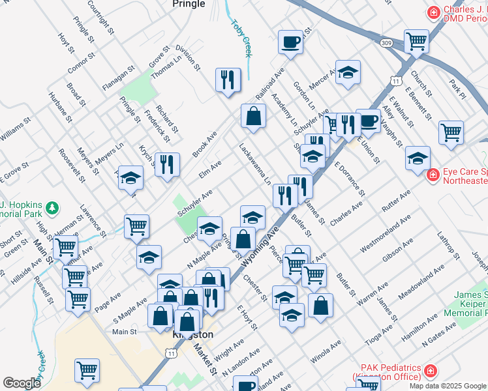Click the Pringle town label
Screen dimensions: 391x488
coord(189,4)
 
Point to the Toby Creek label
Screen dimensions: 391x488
coord(241,36)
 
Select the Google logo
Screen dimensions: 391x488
coord(22,383)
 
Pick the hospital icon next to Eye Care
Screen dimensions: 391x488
coord(431,175)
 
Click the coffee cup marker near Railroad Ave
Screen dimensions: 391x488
coord(290,42)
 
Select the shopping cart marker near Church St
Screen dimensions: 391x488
coord(416,42)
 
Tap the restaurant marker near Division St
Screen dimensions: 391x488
coord(228,80)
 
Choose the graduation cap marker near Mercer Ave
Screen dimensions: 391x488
coord(348,73)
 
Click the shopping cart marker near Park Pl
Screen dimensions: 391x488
coord(451,132)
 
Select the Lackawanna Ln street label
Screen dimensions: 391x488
coord(254,164)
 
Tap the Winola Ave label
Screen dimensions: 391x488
coord(326,353)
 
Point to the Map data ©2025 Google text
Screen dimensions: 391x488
coord(448,386)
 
